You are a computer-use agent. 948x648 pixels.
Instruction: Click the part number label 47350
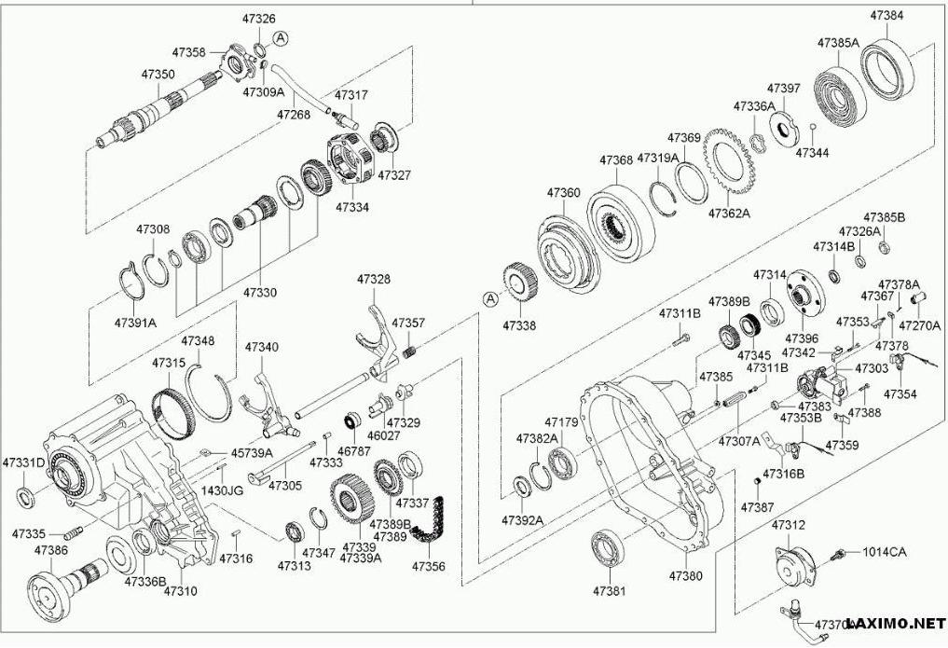click(158, 73)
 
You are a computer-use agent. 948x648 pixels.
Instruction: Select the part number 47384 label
click(886, 16)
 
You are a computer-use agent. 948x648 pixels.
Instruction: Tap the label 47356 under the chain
click(429, 566)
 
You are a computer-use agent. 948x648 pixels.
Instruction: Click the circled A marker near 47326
click(281, 37)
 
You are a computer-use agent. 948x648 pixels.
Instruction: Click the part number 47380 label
click(685, 576)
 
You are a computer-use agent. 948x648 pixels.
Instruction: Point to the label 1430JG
click(222, 489)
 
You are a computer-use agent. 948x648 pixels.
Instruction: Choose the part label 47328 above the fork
click(374, 279)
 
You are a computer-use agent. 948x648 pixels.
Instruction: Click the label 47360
click(564, 192)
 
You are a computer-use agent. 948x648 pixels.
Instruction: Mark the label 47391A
click(135, 322)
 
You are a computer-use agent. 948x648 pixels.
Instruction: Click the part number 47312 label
click(788, 526)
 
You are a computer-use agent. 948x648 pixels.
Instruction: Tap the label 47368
click(616, 160)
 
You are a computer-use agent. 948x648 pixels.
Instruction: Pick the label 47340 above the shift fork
click(261, 346)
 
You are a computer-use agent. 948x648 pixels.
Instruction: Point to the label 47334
click(351, 206)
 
